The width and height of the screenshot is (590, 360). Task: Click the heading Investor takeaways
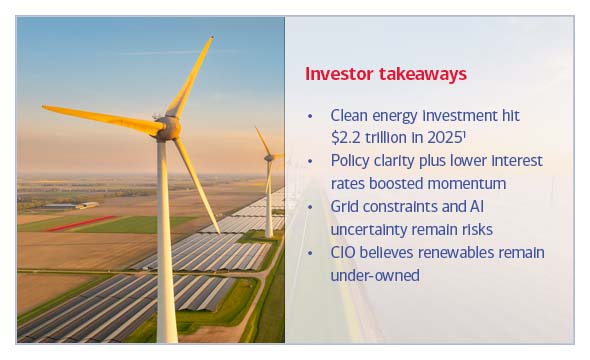(386, 74)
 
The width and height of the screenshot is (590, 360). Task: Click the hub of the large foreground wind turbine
(168, 126)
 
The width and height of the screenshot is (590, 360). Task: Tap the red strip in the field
(80, 223)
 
